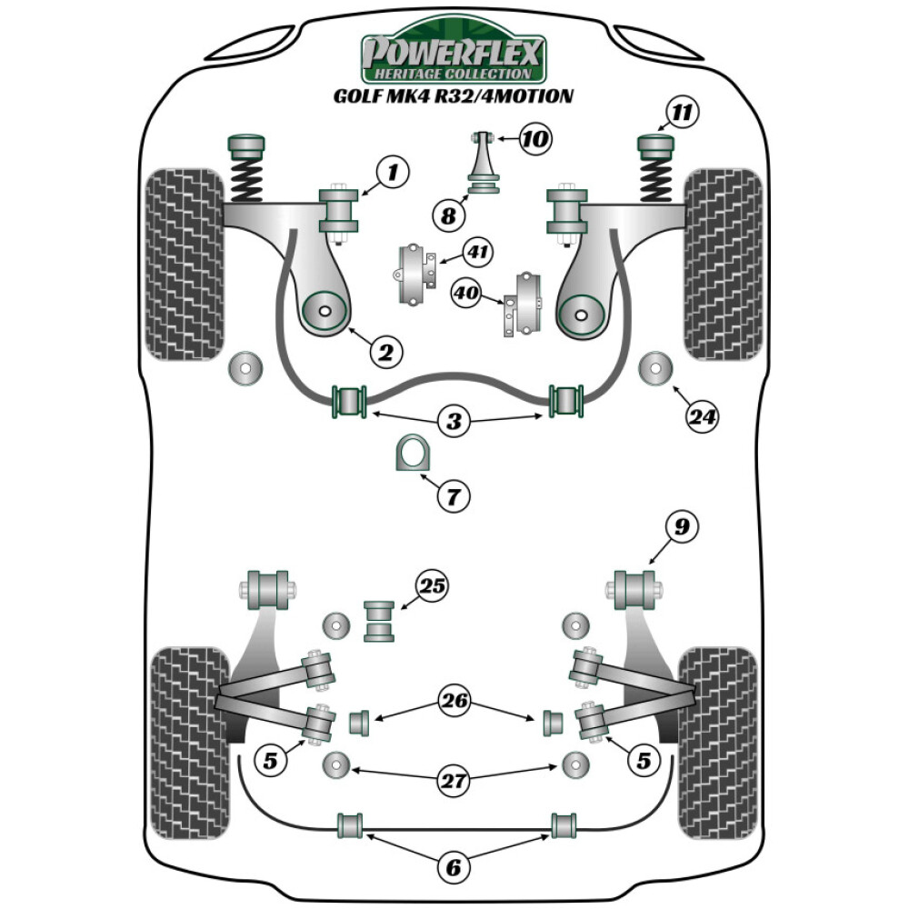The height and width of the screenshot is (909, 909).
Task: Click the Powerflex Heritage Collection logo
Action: (x=454, y=57)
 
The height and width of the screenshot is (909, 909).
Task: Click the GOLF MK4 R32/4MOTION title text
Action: (x=454, y=95)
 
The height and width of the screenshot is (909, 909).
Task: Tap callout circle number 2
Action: (x=385, y=351)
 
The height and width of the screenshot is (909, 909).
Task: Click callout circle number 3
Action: (x=454, y=421)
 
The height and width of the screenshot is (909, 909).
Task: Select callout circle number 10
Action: (x=535, y=139)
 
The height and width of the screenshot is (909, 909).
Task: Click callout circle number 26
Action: (x=454, y=700)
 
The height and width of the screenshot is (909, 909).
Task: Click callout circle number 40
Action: (x=466, y=292)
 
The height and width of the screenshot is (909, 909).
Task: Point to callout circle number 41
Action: (x=476, y=251)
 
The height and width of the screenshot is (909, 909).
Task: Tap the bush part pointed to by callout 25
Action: (x=380, y=621)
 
